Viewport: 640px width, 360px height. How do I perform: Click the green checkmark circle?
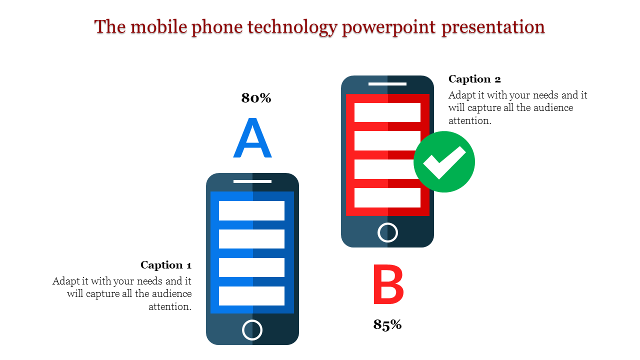[x=444, y=161]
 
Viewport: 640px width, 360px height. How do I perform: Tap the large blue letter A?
[x=252, y=138]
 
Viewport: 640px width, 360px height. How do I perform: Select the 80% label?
[x=256, y=98]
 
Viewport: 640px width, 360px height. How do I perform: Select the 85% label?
[x=387, y=325]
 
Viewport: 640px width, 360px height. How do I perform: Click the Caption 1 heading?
[x=166, y=265]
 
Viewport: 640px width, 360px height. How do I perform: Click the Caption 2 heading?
[x=474, y=79]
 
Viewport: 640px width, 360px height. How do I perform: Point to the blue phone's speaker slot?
[x=252, y=181]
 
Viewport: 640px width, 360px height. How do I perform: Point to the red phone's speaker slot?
[x=387, y=84]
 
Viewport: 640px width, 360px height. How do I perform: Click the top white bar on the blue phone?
[x=251, y=210]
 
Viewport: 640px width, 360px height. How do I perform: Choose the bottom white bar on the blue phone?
[x=251, y=296]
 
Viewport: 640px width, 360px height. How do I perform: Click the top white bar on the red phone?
[x=387, y=112]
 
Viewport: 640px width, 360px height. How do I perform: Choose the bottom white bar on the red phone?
[x=387, y=197]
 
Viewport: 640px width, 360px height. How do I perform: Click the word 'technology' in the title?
[x=290, y=26]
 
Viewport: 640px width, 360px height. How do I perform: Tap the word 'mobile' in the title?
[x=158, y=26]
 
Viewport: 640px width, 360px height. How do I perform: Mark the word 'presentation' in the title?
[x=493, y=26]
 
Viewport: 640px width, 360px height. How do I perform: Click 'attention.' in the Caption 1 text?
[x=170, y=306]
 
